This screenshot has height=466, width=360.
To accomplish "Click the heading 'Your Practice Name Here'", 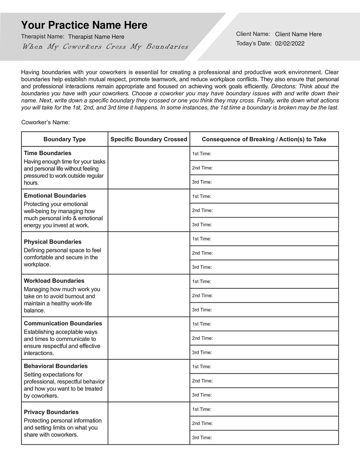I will pyautogui.click(x=84, y=25).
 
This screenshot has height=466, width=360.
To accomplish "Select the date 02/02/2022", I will pyautogui.click(x=290, y=44).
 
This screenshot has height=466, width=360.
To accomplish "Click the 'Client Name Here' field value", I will pyautogui.click(x=298, y=34).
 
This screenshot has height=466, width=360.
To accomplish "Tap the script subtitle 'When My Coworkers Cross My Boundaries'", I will pyautogui.click(x=105, y=47).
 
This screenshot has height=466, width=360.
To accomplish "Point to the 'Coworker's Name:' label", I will pyautogui.click(x=45, y=122).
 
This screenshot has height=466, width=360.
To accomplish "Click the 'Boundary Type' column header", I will pyautogui.click(x=64, y=139).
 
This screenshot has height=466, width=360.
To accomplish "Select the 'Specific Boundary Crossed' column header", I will pyautogui.click(x=149, y=139).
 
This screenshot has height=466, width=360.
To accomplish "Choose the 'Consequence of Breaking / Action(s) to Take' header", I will pyautogui.click(x=264, y=139).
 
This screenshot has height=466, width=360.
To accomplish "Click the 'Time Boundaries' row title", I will pyautogui.click(x=48, y=153).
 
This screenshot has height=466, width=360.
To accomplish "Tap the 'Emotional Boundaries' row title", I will pyautogui.click(x=55, y=195).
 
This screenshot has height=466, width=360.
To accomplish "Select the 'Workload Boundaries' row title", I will pyautogui.click(x=54, y=281).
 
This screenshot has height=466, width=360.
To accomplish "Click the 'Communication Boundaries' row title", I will pyautogui.click(x=63, y=323).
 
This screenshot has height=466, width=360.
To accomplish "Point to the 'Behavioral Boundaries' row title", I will pyautogui.click(x=56, y=366).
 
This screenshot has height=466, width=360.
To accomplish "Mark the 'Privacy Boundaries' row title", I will pyautogui.click(x=51, y=412).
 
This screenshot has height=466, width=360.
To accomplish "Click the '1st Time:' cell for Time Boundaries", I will pyautogui.click(x=264, y=154).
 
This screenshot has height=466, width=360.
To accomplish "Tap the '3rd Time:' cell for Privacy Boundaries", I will pyautogui.click(x=264, y=437).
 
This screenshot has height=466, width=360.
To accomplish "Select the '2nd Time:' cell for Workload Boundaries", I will pyautogui.click(x=264, y=296).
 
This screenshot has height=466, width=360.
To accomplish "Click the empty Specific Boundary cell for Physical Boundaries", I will pyautogui.click(x=149, y=253).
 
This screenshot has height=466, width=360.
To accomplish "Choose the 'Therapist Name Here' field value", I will pyautogui.click(x=96, y=37).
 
